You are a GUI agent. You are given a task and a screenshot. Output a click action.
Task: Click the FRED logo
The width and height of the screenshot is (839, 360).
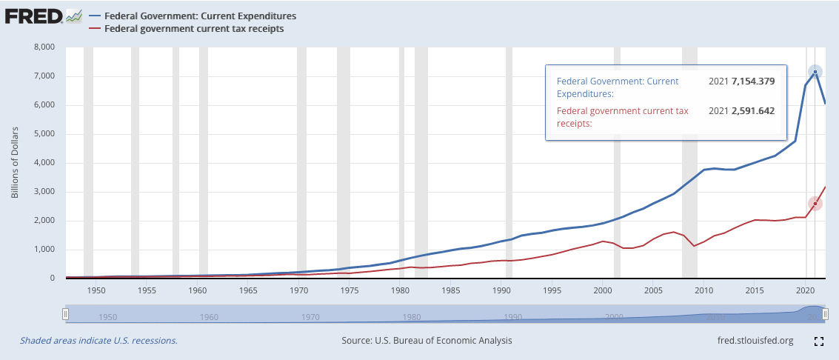pyautogui.click(x=33, y=16)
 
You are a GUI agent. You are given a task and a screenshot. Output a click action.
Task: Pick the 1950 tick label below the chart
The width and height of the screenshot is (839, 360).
pyautogui.click(x=96, y=290)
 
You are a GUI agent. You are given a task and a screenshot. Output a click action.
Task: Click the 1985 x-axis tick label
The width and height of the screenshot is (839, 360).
pyautogui.click(x=451, y=290)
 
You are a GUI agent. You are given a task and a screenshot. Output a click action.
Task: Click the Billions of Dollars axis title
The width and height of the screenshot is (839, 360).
pyautogui.click(x=16, y=163)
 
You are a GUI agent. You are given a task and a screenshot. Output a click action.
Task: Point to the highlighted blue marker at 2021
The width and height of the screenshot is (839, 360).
pyautogui.click(x=815, y=72)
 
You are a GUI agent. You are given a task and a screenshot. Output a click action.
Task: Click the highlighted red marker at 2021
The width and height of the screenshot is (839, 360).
pyautogui.click(x=815, y=204)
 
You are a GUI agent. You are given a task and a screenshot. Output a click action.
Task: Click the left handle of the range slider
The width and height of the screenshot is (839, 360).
pyautogui.click(x=65, y=315)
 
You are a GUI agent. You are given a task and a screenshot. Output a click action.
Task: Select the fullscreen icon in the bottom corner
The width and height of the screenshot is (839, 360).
pyautogui.click(x=818, y=341)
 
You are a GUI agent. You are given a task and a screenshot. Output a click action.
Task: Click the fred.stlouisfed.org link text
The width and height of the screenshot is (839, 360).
pyautogui.click(x=751, y=341)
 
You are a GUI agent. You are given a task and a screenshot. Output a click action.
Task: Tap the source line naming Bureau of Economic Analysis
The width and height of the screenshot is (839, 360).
pyautogui.click(x=427, y=341)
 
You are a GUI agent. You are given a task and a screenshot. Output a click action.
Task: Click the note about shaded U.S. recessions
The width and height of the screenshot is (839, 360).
pyautogui.click(x=98, y=341)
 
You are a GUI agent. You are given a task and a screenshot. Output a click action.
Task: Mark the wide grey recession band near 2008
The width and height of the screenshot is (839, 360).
pyautogui.click(x=689, y=163)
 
